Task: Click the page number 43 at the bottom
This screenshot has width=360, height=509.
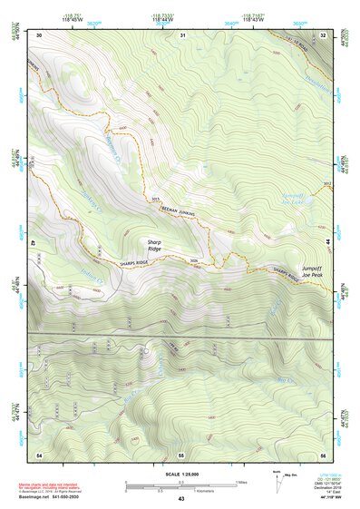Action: [180, 499]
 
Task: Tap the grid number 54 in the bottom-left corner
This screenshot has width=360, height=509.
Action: [40, 453]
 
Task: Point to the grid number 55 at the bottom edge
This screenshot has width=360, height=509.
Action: [181, 453]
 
